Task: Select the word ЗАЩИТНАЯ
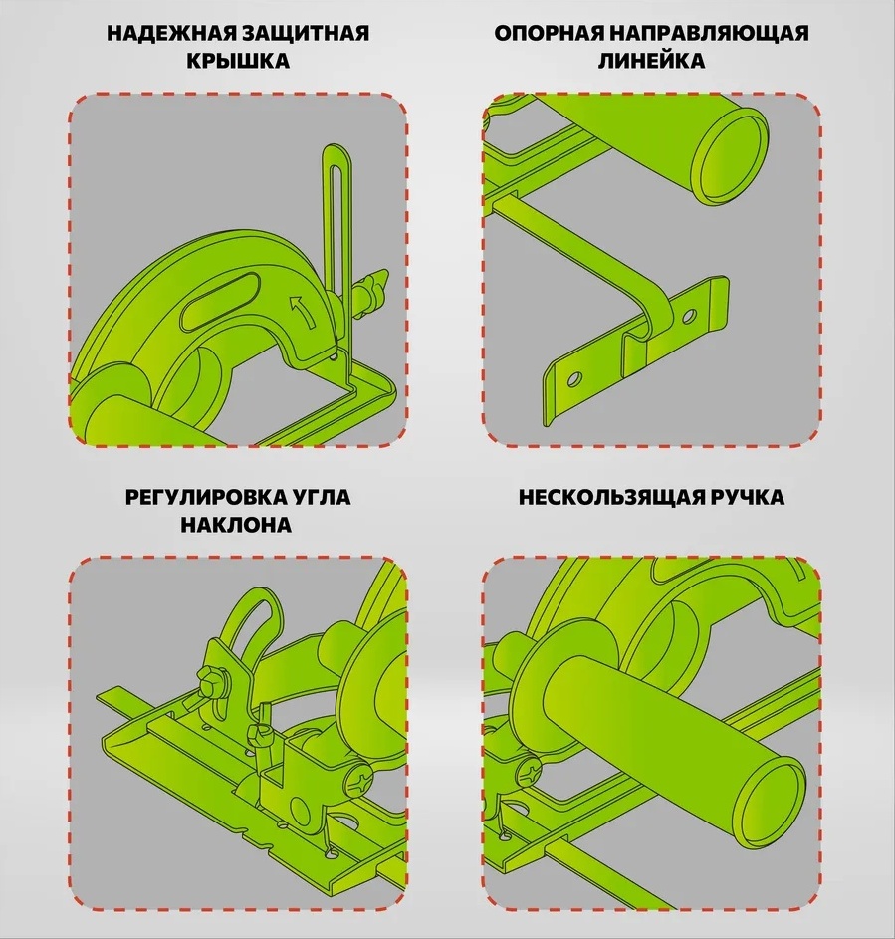click(306, 34)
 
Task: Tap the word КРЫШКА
click(238, 61)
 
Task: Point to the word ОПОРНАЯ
click(549, 34)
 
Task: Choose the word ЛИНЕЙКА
click(651, 61)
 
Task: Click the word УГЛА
click(323, 498)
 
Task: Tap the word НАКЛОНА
click(237, 525)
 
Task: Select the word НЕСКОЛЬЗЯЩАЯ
click(612, 498)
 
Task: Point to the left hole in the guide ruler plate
click(574, 379)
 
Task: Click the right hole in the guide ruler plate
click(690, 314)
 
